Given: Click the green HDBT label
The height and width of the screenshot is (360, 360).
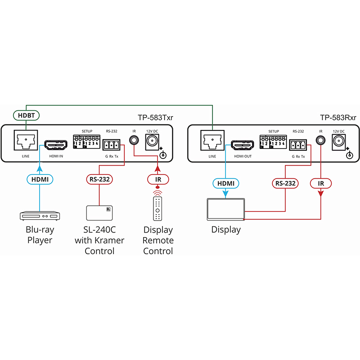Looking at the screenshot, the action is [x=26, y=115].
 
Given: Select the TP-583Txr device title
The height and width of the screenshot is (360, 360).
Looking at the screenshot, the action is [x=155, y=117].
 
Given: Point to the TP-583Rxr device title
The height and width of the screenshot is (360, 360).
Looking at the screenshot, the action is [x=338, y=117].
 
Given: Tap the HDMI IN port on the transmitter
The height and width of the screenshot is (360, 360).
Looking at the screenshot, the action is [x=56, y=145].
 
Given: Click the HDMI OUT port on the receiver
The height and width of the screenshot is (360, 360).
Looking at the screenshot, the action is [x=243, y=145].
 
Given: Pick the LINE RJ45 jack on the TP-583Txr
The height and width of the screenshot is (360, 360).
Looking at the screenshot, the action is [x=26, y=140].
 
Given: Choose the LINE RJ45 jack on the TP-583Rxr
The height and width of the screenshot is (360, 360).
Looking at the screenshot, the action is [x=212, y=140].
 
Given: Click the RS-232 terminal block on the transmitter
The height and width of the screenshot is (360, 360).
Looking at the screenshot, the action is [x=111, y=145].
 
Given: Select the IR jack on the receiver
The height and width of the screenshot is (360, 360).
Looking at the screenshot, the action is [x=320, y=140].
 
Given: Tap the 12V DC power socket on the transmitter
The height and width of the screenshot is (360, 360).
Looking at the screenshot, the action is [x=152, y=142].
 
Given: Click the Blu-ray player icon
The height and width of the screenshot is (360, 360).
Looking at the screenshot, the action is [x=40, y=216].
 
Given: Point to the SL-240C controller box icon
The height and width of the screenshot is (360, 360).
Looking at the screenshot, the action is [x=99, y=213].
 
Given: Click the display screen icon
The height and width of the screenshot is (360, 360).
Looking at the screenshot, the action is [x=226, y=209].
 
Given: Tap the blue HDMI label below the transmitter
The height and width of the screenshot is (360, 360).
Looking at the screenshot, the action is [x=40, y=179].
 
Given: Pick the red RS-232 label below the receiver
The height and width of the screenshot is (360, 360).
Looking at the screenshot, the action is [x=285, y=184].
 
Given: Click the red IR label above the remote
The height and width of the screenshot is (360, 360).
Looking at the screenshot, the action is [x=158, y=180].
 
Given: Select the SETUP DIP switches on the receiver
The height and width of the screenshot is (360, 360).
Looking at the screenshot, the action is [x=273, y=142].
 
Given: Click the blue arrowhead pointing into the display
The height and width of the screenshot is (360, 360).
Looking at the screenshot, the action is [x=225, y=193].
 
